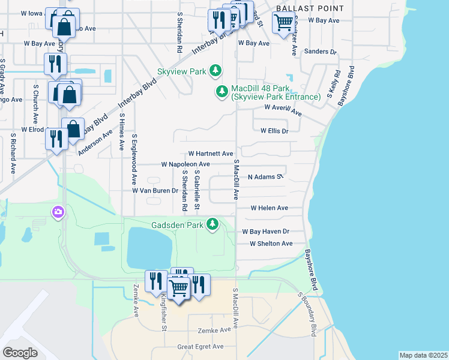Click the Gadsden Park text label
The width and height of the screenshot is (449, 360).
[x=178, y=224]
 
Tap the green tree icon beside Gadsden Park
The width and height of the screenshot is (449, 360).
[x=212, y=224]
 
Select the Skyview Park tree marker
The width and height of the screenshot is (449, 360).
[x=216, y=71]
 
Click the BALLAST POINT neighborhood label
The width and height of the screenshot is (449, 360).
[x=310, y=8]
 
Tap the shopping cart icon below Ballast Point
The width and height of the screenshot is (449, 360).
[x=283, y=23]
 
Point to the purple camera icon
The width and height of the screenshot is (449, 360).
[x=58, y=212]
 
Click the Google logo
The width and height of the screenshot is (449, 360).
[x=20, y=353]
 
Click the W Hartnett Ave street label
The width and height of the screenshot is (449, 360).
[x=210, y=154]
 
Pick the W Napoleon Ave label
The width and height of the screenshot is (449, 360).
[x=185, y=164]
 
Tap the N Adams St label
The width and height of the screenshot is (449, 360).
[x=265, y=177]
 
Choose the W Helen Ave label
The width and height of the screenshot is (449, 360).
[x=269, y=208]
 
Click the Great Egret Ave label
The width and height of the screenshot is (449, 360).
[x=200, y=346]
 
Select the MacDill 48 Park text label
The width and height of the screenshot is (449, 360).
[x=276, y=92]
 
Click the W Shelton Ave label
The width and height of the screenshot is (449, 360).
[x=271, y=243]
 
